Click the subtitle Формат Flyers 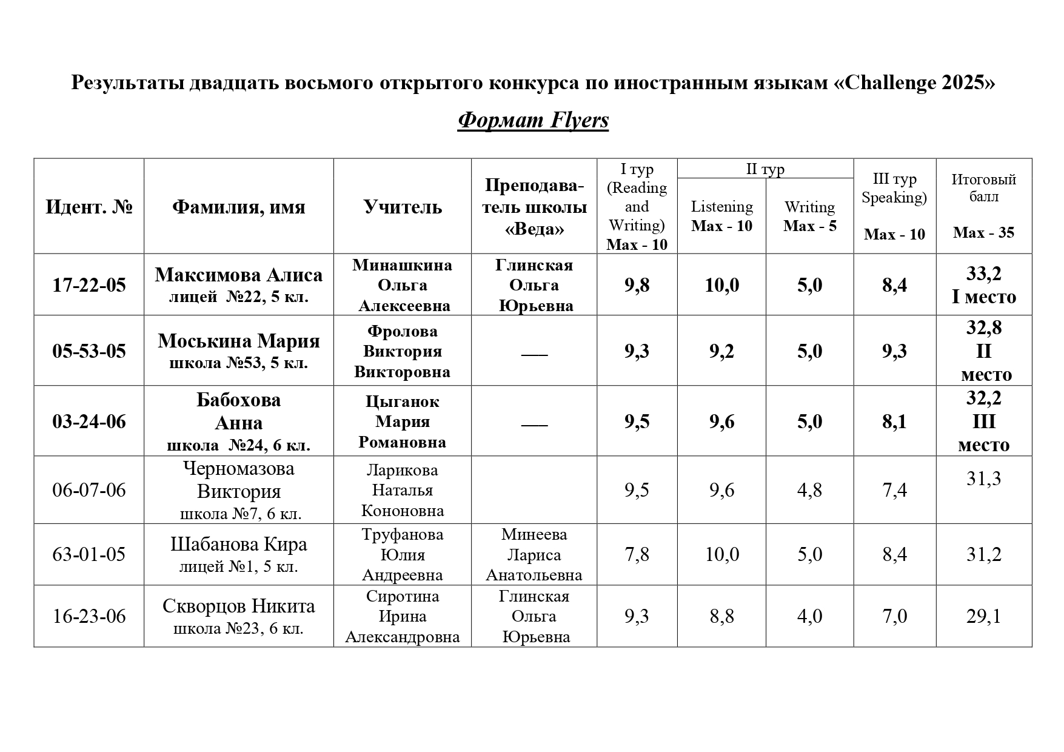[533, 120]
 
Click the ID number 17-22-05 [89, 284]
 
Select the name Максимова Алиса [238, 275]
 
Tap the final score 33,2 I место [983, 285]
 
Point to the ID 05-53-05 [89, 351]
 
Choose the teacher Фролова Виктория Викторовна [402, 351]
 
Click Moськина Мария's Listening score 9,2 [721, 351]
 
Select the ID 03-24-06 [89, 421]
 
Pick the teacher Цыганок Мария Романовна [402, 421]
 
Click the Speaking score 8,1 [894, 421]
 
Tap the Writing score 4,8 [809, 490]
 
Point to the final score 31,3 [983, 479]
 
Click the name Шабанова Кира [238, 545]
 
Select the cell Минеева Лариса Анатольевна [534, 554]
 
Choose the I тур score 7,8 [637, 554]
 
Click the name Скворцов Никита [238, 606]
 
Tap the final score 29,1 [983, 616]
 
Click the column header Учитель [402, 207]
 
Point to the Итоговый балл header [983, 188]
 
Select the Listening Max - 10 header [721, 216]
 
